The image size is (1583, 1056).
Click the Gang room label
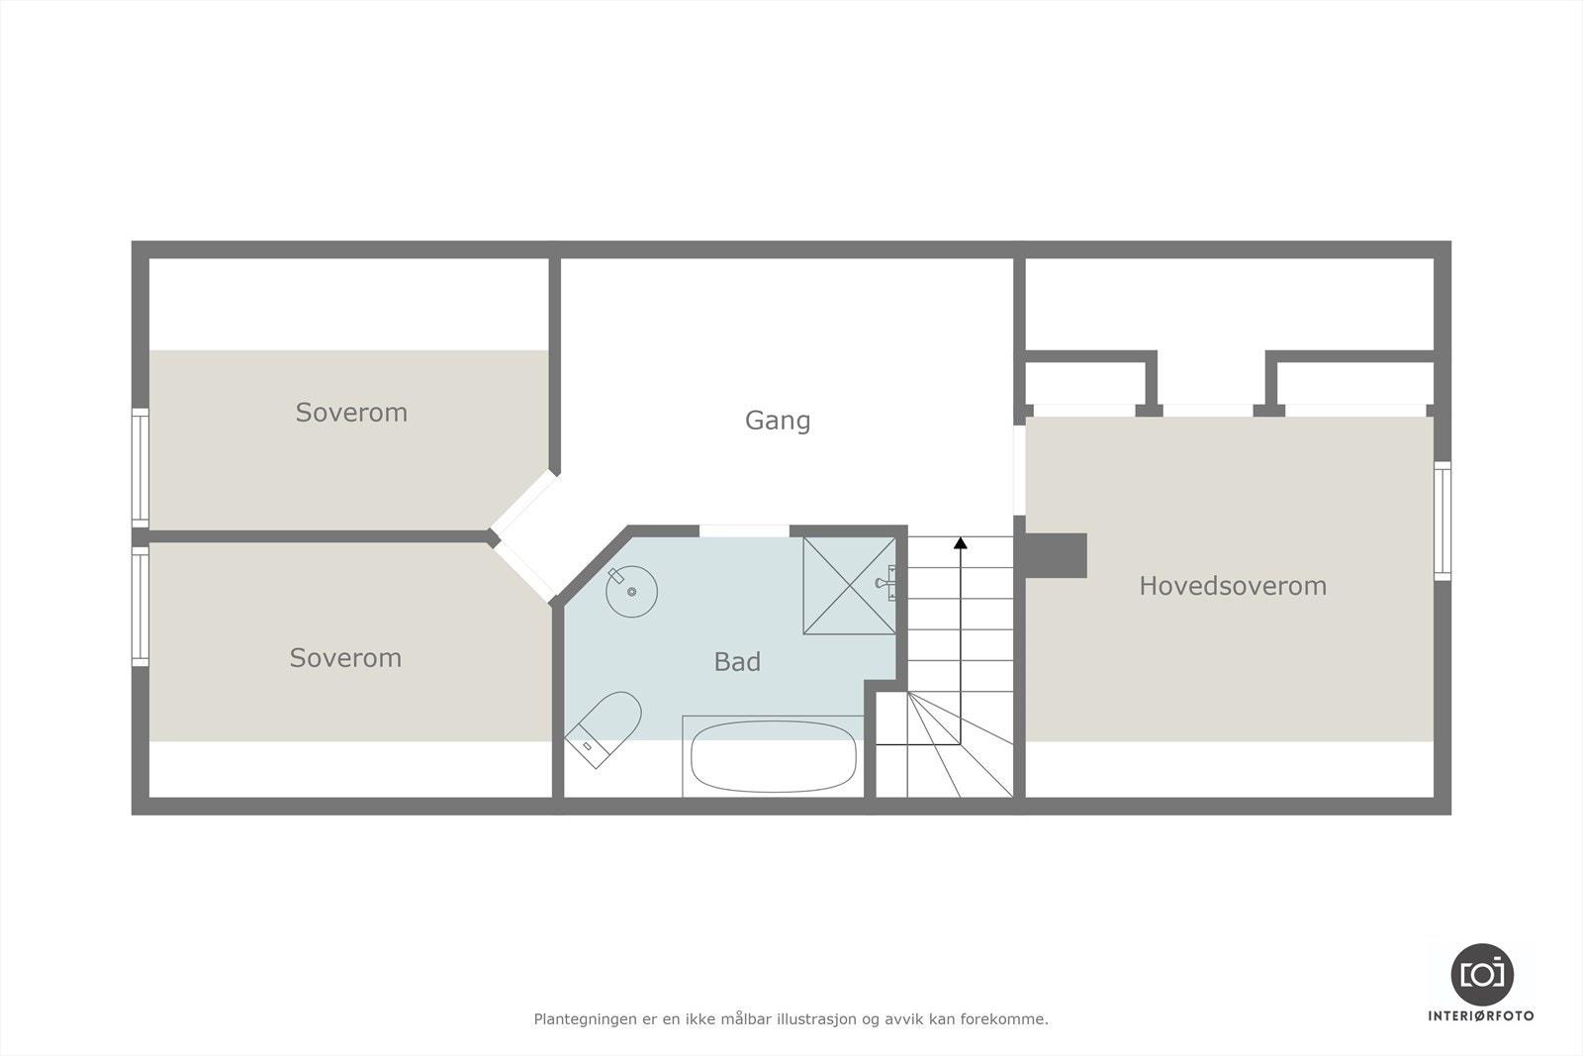(778, 421)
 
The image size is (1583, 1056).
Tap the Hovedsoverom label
(1233, 586)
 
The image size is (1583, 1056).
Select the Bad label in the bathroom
(737, 662)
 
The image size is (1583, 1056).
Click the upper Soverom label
(351, 413)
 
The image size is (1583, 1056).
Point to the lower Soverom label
(345, 658)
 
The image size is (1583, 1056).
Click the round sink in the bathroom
(631, 592)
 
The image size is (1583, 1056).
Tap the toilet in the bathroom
(605, 728)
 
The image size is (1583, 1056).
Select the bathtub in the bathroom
(774, 756)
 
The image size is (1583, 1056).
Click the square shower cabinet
(850, 586)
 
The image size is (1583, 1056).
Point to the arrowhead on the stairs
(960, 542)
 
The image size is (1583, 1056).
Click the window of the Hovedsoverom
(1443, 521)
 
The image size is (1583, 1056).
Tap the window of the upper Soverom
(140, 468)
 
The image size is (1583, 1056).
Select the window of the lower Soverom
(140, 606)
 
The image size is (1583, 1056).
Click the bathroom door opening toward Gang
(744, 531)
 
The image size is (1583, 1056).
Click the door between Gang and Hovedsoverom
(1019, 470)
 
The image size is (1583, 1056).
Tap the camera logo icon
(1481, 974)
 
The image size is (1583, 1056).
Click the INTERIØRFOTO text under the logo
(1481, 1015)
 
